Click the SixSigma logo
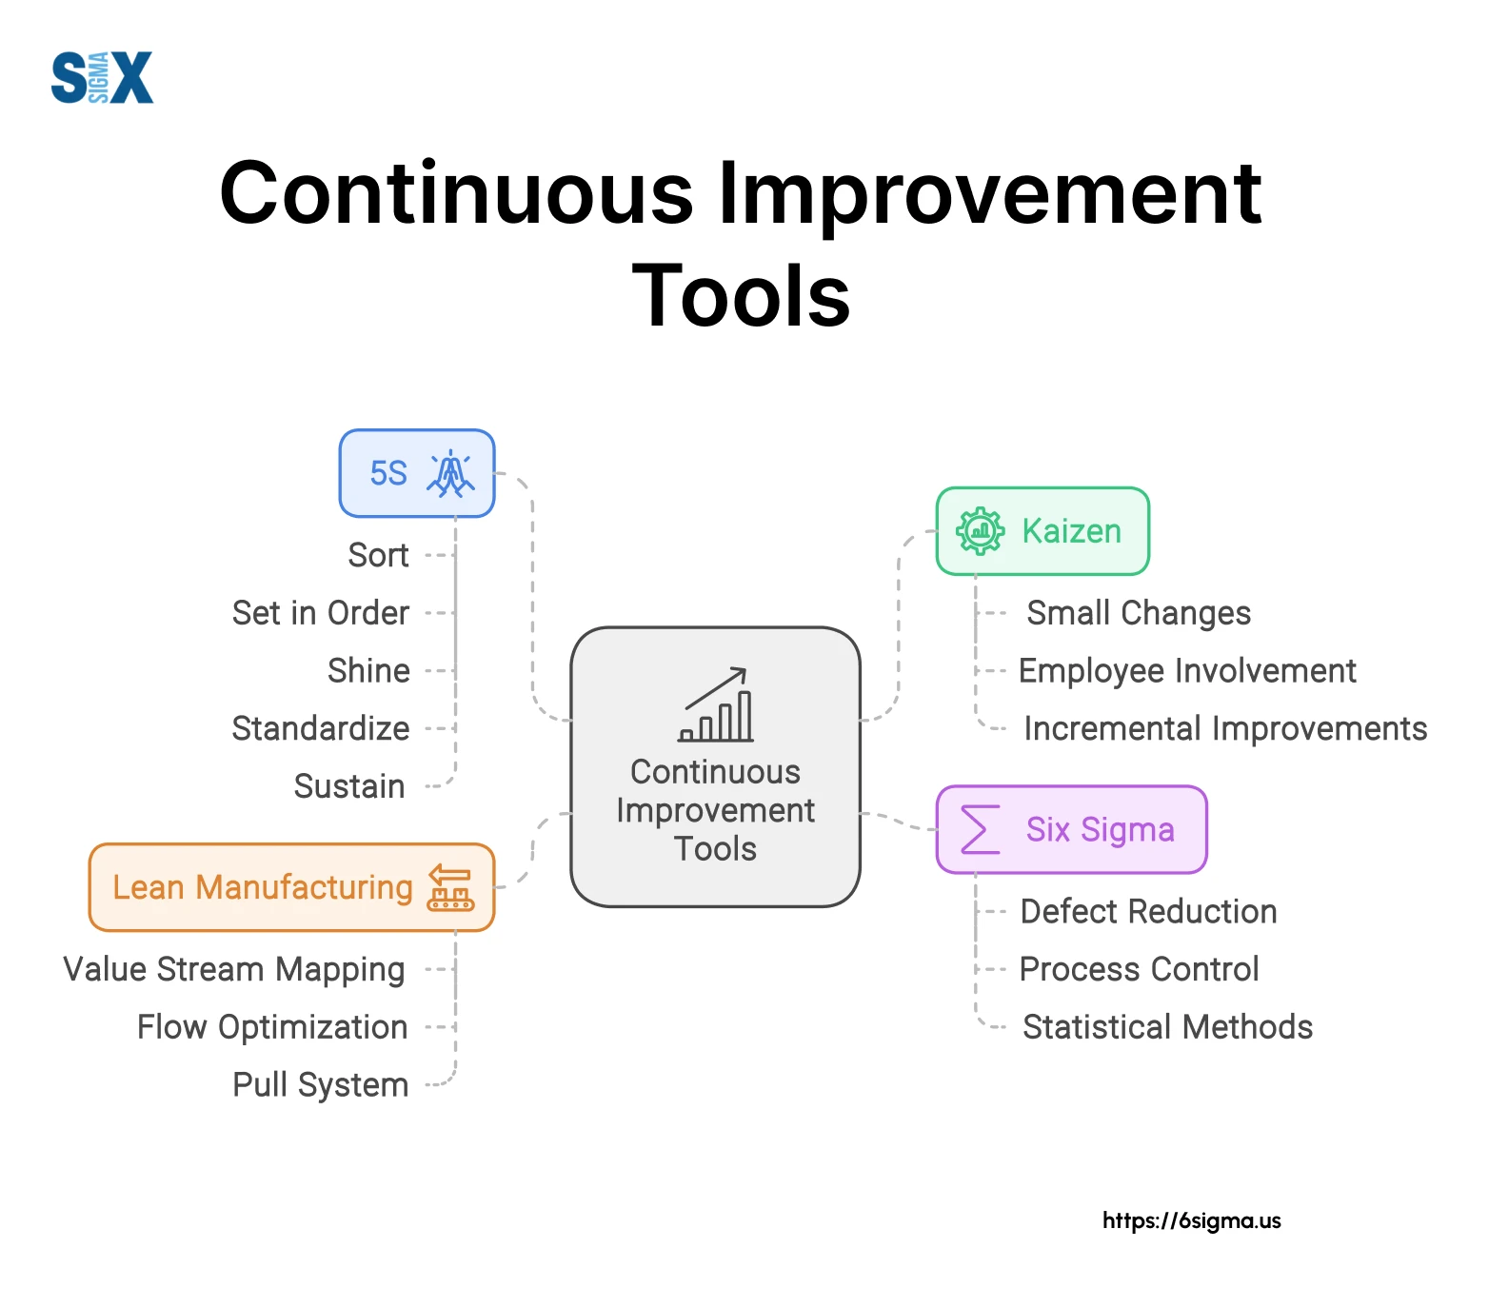[x=102, y=77]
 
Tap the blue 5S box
[x=417, y=473]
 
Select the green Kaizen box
[x=1042, y=531]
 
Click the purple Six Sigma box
[x=1071, y=829]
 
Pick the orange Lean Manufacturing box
[x=291, y=887]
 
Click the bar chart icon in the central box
[x=716, y=704]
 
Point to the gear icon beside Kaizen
[x=980, y=531]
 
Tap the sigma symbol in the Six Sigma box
[x=980, y=829]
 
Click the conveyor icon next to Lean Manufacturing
[x=450, y=887]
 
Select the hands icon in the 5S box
[x=450, y=473]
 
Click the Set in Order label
[x=321, y=613]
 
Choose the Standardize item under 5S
[x=321, y=728]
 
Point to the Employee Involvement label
[x=1187, y=671]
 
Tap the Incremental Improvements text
[x=1225, y=728]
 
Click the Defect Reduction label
[x=1148, y=911]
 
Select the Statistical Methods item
[x=1167, y=1027]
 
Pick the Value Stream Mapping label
[x=234, y=969]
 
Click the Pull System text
[x=321, y=1085]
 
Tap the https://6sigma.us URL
[x=1192, y=1220]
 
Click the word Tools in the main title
[x=742, y=296]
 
